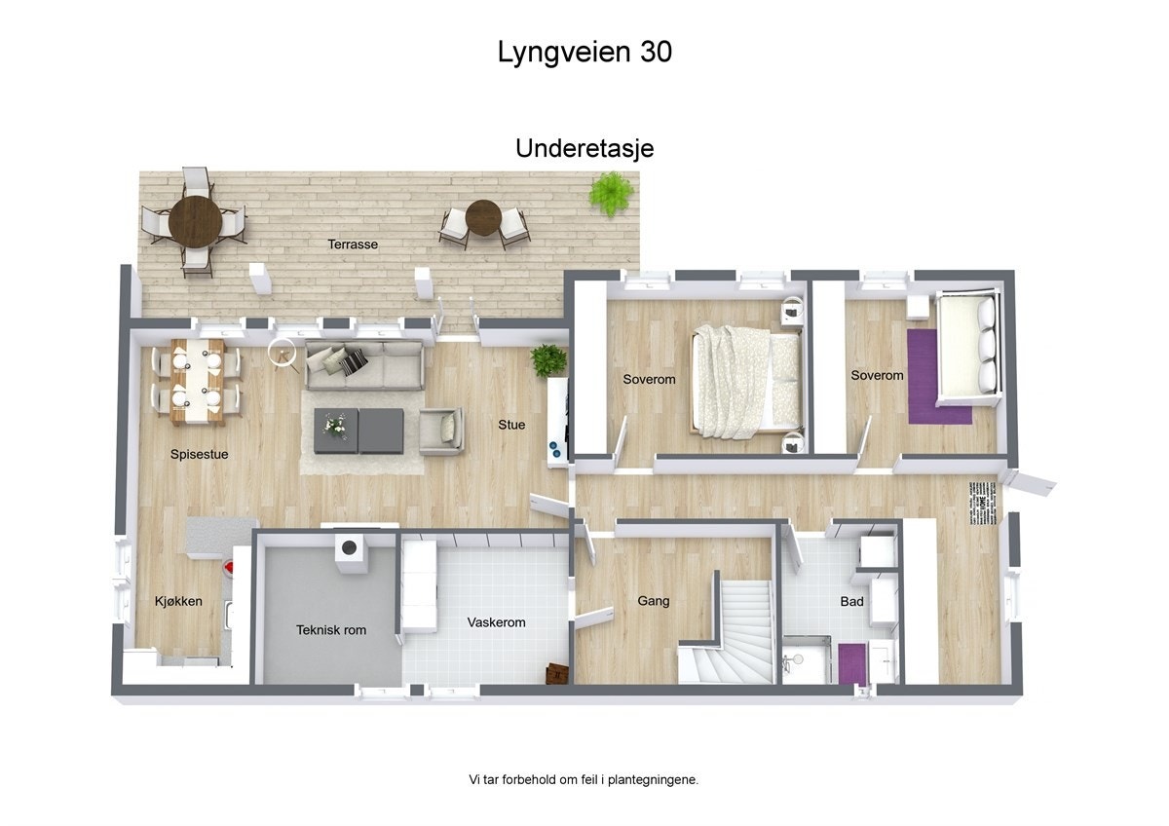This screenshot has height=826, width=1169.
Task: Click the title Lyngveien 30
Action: [584, 52]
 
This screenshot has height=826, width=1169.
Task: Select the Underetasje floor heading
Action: [584, 148]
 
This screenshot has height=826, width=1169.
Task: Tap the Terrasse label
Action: [353, 244]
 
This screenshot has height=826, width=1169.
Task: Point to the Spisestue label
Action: [199, 454]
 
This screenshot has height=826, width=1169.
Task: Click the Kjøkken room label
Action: [178, 601]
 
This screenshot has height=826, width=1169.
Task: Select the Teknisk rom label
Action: [331, 630]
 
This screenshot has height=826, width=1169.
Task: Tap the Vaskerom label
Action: [496, 622]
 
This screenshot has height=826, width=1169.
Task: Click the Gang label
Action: [653, 601]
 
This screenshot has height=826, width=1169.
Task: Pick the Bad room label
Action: [851, 602]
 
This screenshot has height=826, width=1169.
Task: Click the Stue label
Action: [511, 425]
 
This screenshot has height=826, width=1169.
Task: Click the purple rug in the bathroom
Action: [852, 661]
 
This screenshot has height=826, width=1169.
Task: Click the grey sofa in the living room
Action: [364, 365]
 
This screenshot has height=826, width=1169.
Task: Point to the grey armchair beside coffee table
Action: [440, 430]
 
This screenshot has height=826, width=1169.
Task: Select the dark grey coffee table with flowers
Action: [358, 430]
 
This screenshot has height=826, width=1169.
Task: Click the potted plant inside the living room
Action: [548, 359]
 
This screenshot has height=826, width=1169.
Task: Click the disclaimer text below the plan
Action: [584, 779]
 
